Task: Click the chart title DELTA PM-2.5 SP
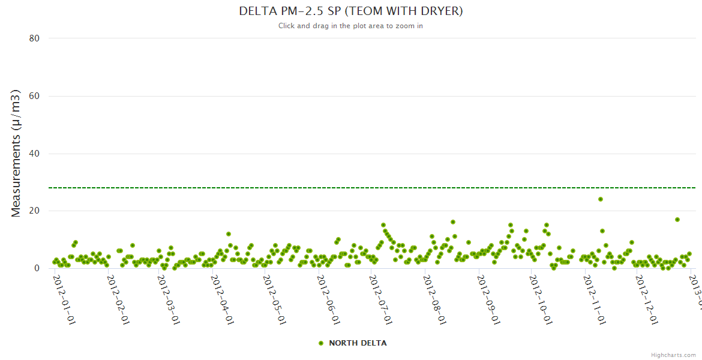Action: tap(350, 11)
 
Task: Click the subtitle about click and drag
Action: tap(350, 26)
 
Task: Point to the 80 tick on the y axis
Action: tap(34, 38)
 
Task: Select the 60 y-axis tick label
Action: tap(34, 96)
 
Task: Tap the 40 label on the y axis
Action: tap(34, 154)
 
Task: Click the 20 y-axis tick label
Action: tap(34, 211)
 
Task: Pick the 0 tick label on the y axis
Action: tap(37, 269)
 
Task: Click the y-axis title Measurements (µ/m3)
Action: tap(16, 154)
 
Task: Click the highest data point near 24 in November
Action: tap(601, 199)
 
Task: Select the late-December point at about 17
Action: tap(677, 220)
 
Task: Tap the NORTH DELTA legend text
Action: tap(358, 343)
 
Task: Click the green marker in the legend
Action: tap(321, 343)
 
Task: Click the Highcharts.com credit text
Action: tap(673, 355)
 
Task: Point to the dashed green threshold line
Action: tap(360, 188)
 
